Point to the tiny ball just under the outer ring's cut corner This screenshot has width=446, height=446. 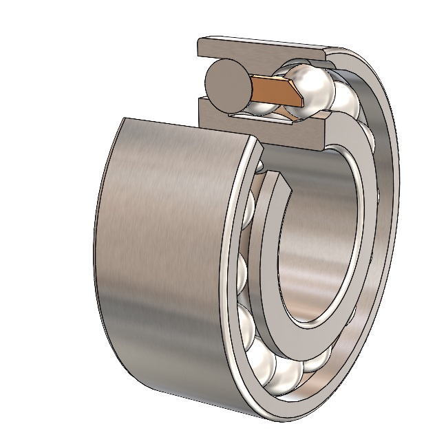click(256, 164)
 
